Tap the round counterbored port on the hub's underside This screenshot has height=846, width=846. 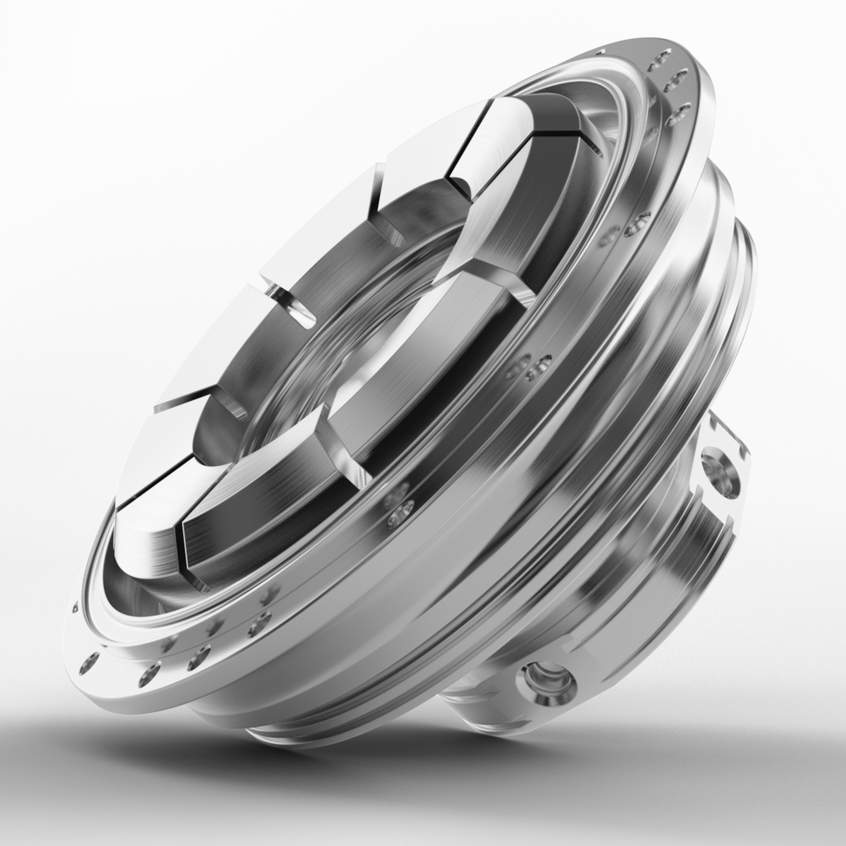(546, 682)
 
